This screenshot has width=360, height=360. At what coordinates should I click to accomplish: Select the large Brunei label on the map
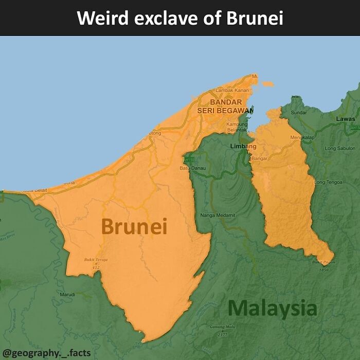point(134,226)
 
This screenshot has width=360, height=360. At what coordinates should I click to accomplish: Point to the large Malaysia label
point(272,309)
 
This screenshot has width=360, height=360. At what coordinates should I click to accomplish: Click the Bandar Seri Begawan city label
point(226,106)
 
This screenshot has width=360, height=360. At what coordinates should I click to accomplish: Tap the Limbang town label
point(243,147)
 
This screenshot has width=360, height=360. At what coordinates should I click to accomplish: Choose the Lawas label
point(345,119)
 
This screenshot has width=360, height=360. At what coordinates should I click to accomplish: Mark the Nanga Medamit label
point(218,214)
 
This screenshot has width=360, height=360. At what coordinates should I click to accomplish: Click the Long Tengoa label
point(328,182)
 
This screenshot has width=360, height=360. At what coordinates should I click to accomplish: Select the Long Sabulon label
point(340,148)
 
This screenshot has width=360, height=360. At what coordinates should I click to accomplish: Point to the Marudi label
point(67,294)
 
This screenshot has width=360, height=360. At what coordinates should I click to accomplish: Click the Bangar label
point(260,158)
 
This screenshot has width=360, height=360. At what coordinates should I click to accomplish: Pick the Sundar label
point(299,112)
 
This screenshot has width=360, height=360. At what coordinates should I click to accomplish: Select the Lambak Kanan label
point(231,91)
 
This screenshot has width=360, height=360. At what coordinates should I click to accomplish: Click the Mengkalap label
point(302,138)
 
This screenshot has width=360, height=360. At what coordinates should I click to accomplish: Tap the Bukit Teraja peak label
point(96,260)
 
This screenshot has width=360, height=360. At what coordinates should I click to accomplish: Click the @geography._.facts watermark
point(47,353)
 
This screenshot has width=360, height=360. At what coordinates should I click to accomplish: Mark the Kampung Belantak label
point(237,127)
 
